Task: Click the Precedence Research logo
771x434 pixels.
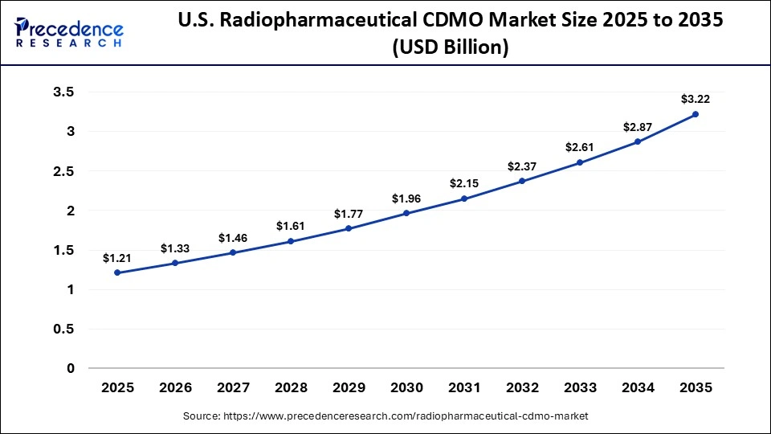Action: pyautogui.click(x=69, y=32)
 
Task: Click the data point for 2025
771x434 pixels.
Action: pyautogui.click(x=117, y=272)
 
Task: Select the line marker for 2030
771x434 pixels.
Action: pyautogui.click(x=406, y=213)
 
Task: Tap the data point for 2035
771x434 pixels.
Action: pyautogui.click(x=696, y=114)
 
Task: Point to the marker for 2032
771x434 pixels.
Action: pyautogui.click(x=522, y=181)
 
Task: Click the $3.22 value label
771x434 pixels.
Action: pyautogui.click(x=696, y=99)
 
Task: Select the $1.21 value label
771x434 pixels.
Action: pyautogui.click(x=117, y=258)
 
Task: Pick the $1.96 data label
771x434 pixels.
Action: pyautogui.click(x=406, y=199)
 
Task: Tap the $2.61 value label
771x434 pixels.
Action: pyautogui.click(x=580, y=147)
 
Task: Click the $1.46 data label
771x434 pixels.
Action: pyautogui.click(x=233, y=238)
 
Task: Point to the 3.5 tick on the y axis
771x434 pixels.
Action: pyautogui.click(x=63, y=92)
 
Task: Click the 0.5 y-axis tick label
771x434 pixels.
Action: pyautogui.click(x=63, y=329)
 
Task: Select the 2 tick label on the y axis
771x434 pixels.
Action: pyautogui.click(x=70, y=211)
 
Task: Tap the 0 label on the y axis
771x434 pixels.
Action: pyautogui.click(x=70, y=368)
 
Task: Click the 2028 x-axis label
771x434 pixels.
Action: pyautogui.click(x=291, y=387)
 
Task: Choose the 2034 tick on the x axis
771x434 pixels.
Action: pyautogui.click(x=638, y=387)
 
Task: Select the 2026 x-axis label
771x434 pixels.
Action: pyautogui.click(x=175, y=387)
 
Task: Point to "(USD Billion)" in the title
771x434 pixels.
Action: pyautogui.click(x=450, y=47)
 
